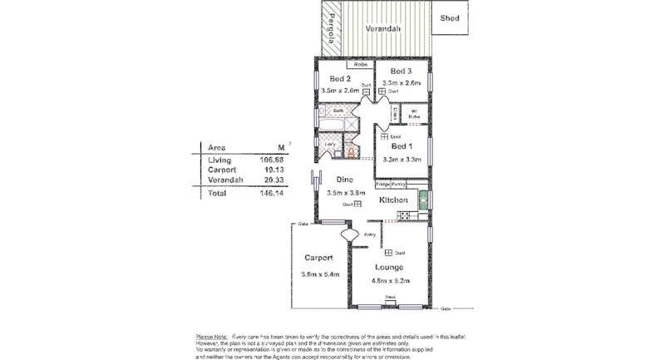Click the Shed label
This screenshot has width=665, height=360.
point(450,17)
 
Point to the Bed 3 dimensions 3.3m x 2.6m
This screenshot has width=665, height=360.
point(401,83)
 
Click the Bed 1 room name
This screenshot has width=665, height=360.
point(402,145)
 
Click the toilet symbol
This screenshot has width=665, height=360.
point(352,150)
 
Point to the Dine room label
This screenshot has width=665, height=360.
point(345,180)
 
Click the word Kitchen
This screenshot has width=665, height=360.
point(393,200)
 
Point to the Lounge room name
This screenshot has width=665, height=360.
point(388,267)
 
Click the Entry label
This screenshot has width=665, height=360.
point(370,234)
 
